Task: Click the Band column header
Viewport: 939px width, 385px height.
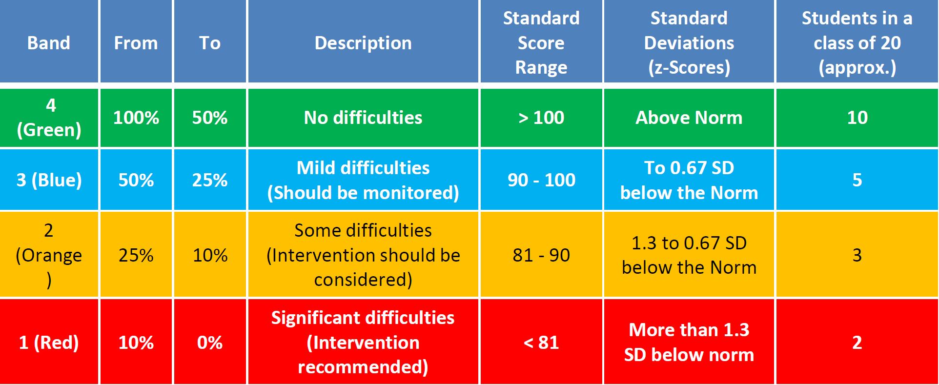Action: pyautogui.click(x=49, y=42)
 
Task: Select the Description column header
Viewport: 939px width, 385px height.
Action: pyautogui.click(x=363, y=42)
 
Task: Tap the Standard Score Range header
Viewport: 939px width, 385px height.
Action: pyautogui.click(x=541, y=42)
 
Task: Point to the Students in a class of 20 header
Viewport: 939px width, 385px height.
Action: pyautogui.click(x=857, y=42)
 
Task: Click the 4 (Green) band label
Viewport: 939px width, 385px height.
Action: pyautogui.click(x=49, y=118)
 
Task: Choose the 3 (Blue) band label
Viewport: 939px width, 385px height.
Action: pyautogui.click(x=49, y=180)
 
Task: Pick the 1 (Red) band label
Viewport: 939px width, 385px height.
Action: pyautogui.click(x=49, y=342)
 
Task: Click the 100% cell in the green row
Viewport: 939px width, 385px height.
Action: pyautogui.click(x=136, y=118)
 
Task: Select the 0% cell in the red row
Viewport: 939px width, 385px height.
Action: pyautogui.click(x=210, y=342)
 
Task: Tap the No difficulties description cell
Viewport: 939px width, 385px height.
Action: pyautogui.click(x=363, y=118)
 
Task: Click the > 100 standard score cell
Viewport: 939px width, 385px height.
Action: pyautogui.click(x=541, y=118)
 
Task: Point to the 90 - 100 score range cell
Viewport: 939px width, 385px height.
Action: pyautogui.click(x=541, y=180)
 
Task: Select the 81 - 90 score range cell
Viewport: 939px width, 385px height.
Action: pyautogui.click(x=541, y=255)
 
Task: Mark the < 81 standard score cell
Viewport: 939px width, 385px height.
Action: pyautogui.click(x=541, y=342)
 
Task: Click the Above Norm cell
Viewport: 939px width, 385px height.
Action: pyautogui.click(x=689, y=118)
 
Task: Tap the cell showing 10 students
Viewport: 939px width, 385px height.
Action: pyautogui.click(x=857, y=118)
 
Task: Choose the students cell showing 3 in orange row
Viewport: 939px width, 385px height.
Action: pyautogui.click(x=857, y=255)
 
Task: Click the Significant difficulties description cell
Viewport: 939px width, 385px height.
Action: pyautogui.click(x=363, y=342)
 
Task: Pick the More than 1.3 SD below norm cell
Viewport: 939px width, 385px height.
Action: pyautogui.click(x=689, y=342)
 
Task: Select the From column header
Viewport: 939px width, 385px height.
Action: pyautogui.click(x=136, y=42)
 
